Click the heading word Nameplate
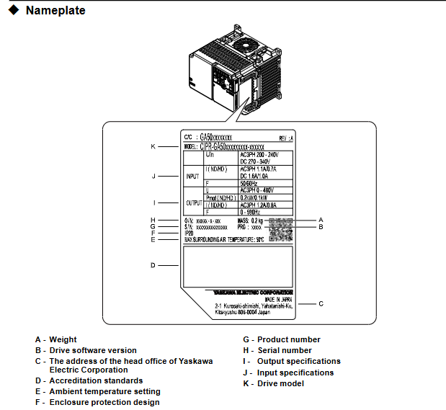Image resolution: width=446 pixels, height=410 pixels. pos(55,11)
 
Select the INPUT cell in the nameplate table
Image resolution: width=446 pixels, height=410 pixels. pos(192,175)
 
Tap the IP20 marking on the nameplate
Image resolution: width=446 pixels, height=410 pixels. pos(189,233)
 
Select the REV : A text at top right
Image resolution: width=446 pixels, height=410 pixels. pos(286,137)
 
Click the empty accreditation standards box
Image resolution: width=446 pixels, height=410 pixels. pos(238,265)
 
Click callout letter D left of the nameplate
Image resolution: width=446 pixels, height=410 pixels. pos(153,265)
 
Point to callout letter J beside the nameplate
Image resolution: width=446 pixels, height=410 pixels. pos(153,175)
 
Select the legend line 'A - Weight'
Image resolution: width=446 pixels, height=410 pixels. pos(55,339)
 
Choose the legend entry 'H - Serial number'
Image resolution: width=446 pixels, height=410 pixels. pos(277,350)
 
